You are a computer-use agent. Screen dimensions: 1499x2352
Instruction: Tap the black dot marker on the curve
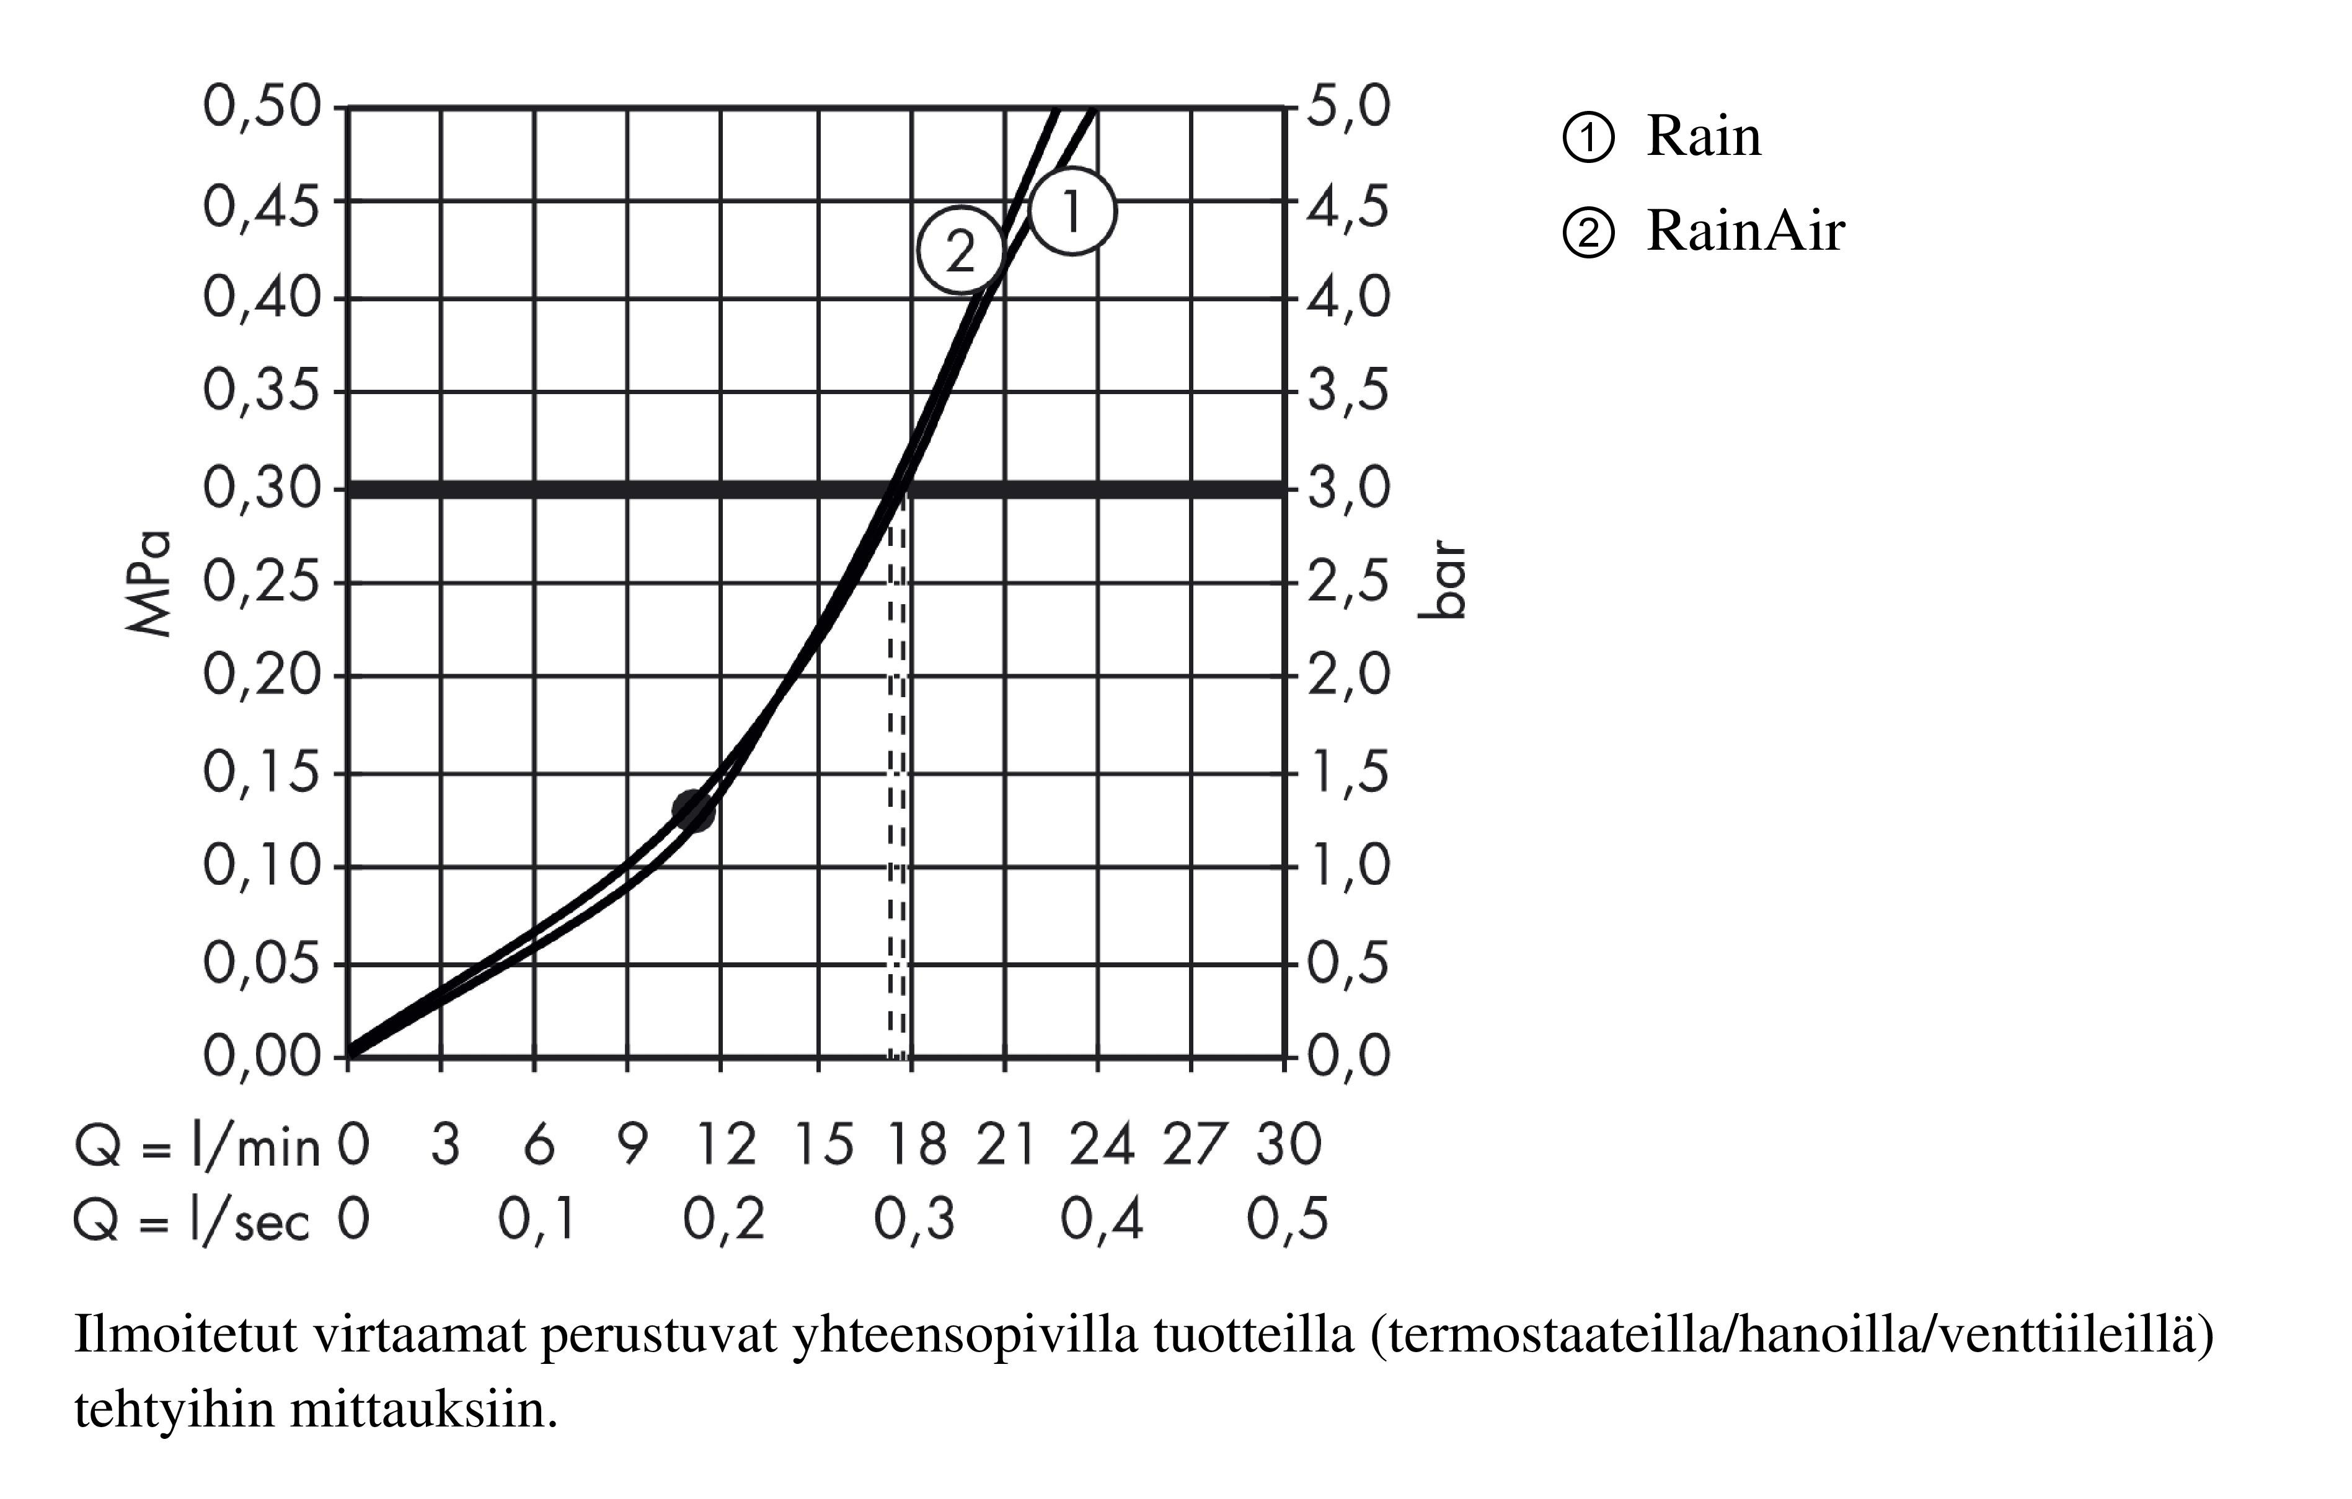(694, 809)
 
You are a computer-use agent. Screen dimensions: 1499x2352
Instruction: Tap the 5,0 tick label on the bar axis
(1348, 107)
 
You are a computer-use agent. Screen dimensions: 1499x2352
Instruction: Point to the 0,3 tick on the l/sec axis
(914, 1220)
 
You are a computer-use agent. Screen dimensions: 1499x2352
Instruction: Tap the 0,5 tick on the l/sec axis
(1288, 1220)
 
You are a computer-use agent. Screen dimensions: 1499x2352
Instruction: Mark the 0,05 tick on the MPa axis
(262, 964)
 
